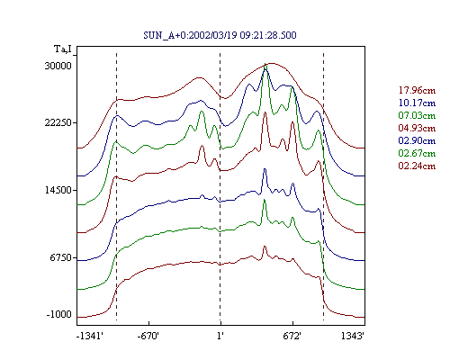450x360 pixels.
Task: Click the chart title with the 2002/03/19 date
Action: (x=220, y=35)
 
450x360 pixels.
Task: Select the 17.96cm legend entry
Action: (x=417, y=90)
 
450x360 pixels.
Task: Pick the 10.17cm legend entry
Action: (x=417, y=103)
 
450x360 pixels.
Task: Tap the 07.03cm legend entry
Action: (x=417, y=115)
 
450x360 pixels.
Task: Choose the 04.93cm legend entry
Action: (x=417, y=128)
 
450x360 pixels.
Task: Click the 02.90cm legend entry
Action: (x=417, y=140)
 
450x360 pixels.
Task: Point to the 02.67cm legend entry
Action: (x=417, y=153)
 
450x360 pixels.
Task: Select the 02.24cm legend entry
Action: (x=417, y=166)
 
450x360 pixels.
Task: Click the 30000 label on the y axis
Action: (x=58, y=66)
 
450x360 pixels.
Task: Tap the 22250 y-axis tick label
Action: (x=58, y=122)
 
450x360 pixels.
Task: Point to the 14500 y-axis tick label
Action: (x=58, y=190)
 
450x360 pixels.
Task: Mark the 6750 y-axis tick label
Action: (x=61, y=257)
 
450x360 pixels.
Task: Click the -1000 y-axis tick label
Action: (x=58, y=314)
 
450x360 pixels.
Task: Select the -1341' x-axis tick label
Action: (x=90, y=336)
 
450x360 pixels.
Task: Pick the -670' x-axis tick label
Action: (x=148, y=336)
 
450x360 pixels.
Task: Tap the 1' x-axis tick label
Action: (x=220, y=336)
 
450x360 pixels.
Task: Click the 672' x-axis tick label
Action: (x=292, y=336)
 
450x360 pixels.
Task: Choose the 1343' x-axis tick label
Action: (x=353, y=336)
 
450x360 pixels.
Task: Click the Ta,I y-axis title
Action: (x=63, y=49)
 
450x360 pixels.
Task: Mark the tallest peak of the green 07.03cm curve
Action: (x=265, y=64)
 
